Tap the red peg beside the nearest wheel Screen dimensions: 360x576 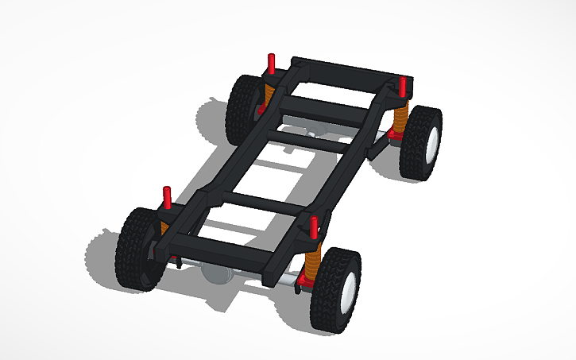pos(315,226)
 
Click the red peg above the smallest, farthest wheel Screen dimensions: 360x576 pos(271,63)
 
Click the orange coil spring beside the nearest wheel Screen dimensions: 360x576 pos(313,259)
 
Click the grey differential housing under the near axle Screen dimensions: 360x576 pos(218,273)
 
